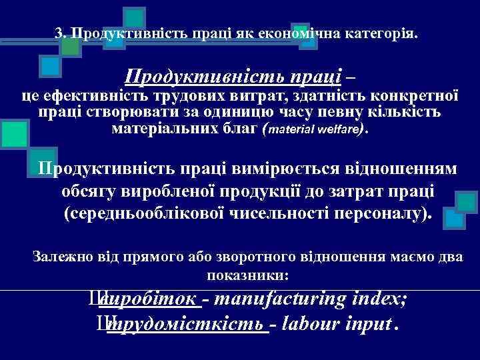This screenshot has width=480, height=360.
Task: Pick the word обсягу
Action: click(89, 192)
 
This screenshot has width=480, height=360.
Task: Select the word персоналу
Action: click(390, 215)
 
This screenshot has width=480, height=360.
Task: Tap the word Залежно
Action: click(61, 256)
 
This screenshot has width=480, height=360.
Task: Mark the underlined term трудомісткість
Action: click(186, 325)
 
